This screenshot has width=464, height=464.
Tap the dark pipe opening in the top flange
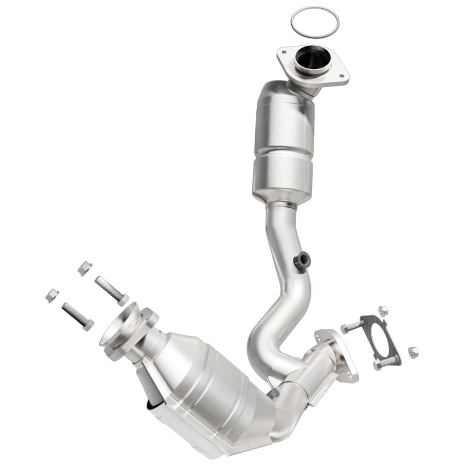(x=311, y=60)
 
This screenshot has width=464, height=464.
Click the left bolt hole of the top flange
(x=284, y=53)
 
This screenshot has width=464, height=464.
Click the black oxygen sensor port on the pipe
(x=302, y=261)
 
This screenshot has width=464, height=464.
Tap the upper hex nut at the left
(x=85, y=268)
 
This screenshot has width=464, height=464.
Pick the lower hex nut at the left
(x=52, y=295)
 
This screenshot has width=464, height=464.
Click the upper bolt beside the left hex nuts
(x=111, y=289)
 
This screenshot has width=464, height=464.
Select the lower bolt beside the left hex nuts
(x=77, y=316)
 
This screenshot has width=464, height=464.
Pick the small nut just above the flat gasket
(x=382, y=311)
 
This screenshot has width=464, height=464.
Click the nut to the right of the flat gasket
(x=413, y=352)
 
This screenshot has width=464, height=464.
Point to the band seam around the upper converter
(x=282, y=150)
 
